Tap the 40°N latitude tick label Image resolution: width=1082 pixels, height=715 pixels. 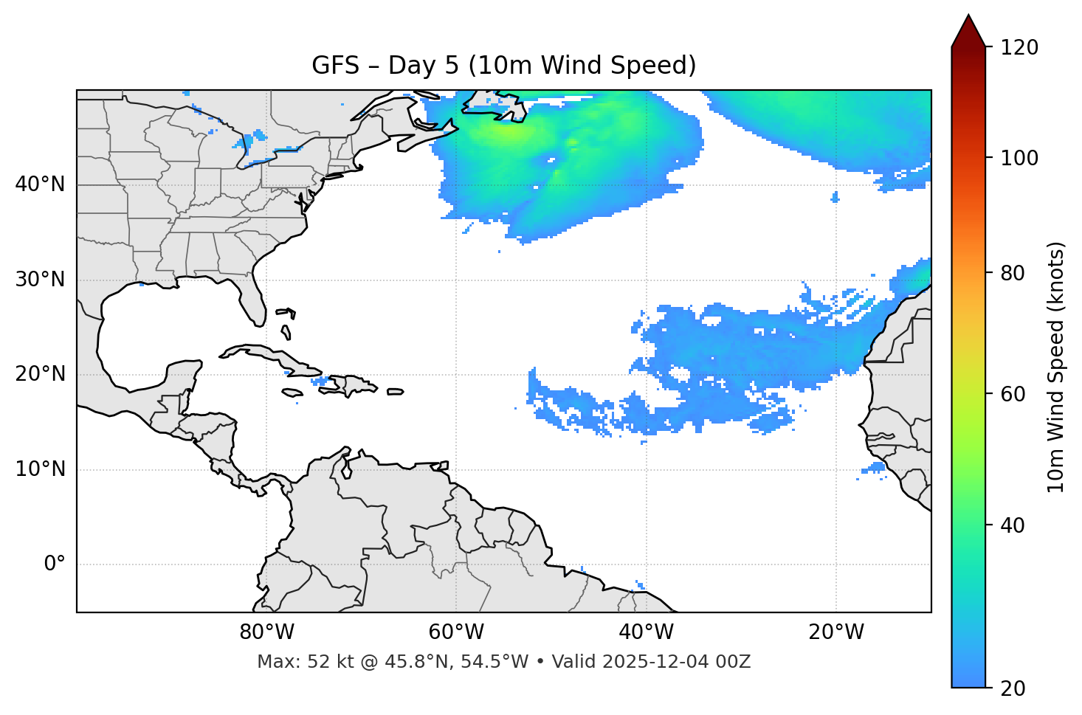[x=40, y=184]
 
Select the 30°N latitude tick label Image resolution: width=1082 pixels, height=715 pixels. [x=40, y=280]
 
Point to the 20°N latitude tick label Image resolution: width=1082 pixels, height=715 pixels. [x=40, y=374]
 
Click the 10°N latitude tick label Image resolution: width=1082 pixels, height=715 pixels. [x=40, y=469]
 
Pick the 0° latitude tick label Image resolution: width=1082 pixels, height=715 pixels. [x=54, y=564]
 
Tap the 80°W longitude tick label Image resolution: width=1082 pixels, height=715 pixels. [x=266, y=632]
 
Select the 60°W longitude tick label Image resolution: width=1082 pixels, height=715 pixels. [x=456, y=632]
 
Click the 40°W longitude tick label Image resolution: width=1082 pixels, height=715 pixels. [x=646, y=632]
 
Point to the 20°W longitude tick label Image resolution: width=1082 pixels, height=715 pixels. [x=836, y=632]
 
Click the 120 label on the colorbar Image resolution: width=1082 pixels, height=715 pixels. [x=1019, y=48]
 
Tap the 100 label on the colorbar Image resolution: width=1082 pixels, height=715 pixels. [x=1019, y=158]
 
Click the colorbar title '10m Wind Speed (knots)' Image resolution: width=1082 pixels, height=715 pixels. [x=1056, y=367]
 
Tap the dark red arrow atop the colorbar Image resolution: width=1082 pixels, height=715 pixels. [x=968, y=31]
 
